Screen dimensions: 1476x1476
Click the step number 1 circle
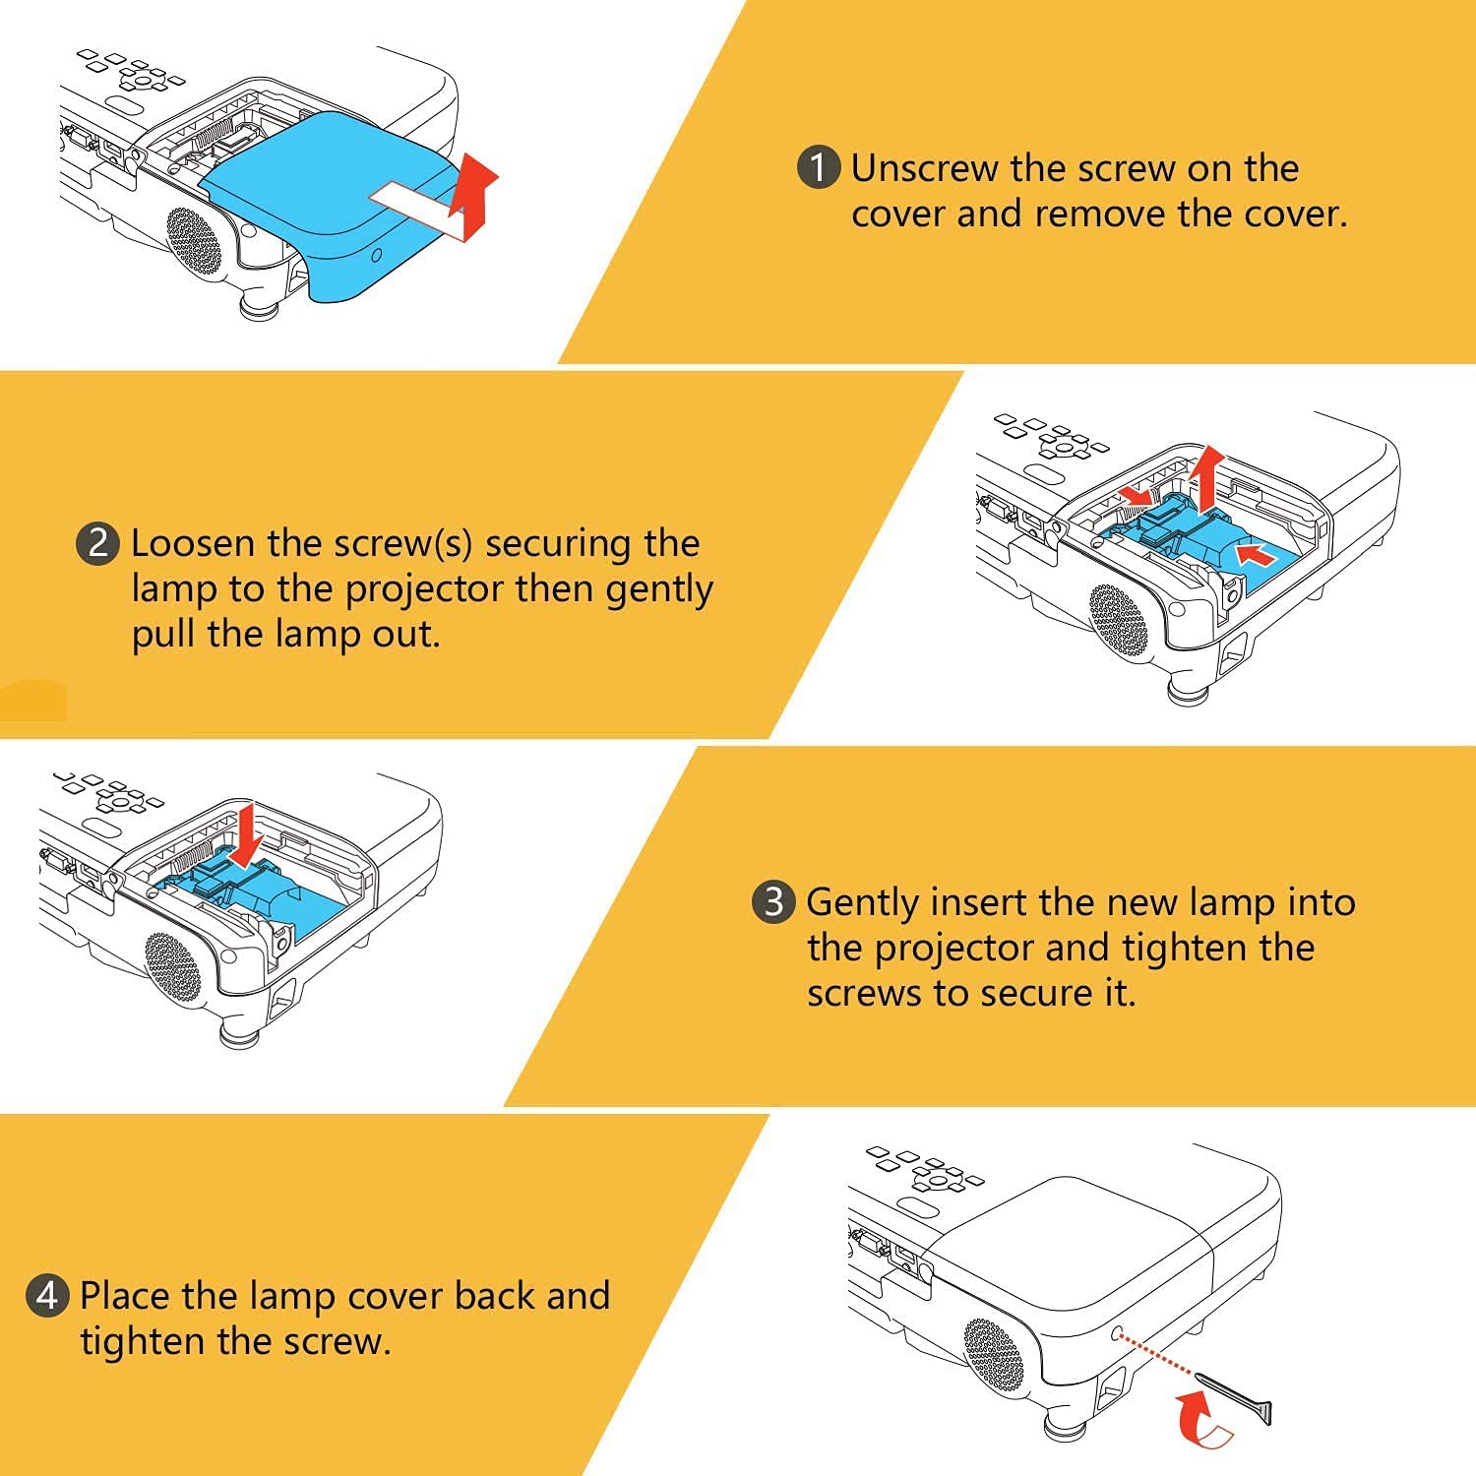pos(818,167)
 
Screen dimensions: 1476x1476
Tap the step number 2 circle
pos(97,543)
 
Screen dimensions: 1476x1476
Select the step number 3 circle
pos(773,901)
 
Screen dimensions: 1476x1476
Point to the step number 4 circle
pos(47,1296)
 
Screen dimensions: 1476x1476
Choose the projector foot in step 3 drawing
pos(236,1031)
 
